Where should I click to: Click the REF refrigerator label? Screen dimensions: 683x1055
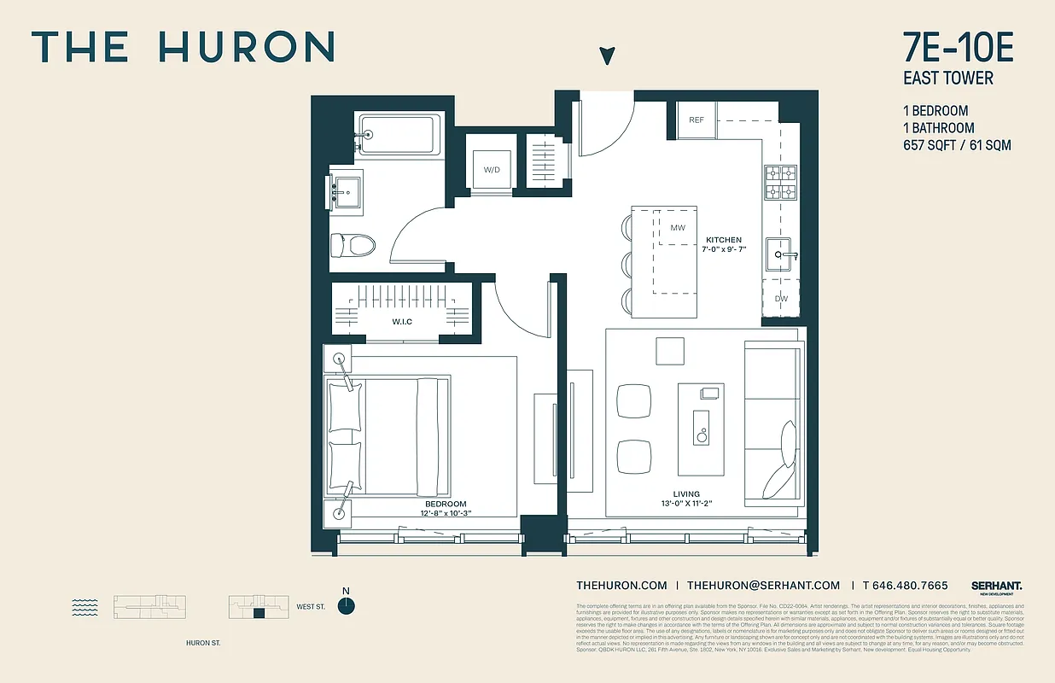tap(697, 120)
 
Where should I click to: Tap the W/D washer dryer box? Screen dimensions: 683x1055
tap(492, 169)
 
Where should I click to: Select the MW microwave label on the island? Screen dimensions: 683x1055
tap(678, 228)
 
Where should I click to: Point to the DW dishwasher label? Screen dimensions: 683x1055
tap(781, 299)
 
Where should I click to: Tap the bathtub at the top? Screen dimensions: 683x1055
tap(399, 134)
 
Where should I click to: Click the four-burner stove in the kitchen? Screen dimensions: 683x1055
tap(780, 182)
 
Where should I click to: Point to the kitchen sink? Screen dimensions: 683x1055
tap(781, 254)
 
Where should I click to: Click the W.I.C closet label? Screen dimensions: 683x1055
tap(403, 322)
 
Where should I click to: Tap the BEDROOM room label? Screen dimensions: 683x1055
tap(446, 505)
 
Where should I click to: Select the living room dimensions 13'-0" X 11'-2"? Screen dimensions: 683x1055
tap(686, 504)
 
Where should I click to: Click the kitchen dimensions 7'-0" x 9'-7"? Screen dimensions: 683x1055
tap(723, 250)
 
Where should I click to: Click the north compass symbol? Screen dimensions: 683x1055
tap(346, 606)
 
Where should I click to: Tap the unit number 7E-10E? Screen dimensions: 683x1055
tap(958, 49)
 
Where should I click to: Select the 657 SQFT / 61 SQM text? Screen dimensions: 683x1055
tap(957, 145)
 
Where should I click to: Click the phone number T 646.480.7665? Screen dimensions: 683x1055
tap(905, 586)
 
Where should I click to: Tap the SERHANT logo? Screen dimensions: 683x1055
tap(996, 587)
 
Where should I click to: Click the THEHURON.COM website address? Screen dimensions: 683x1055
tap(621, 586)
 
